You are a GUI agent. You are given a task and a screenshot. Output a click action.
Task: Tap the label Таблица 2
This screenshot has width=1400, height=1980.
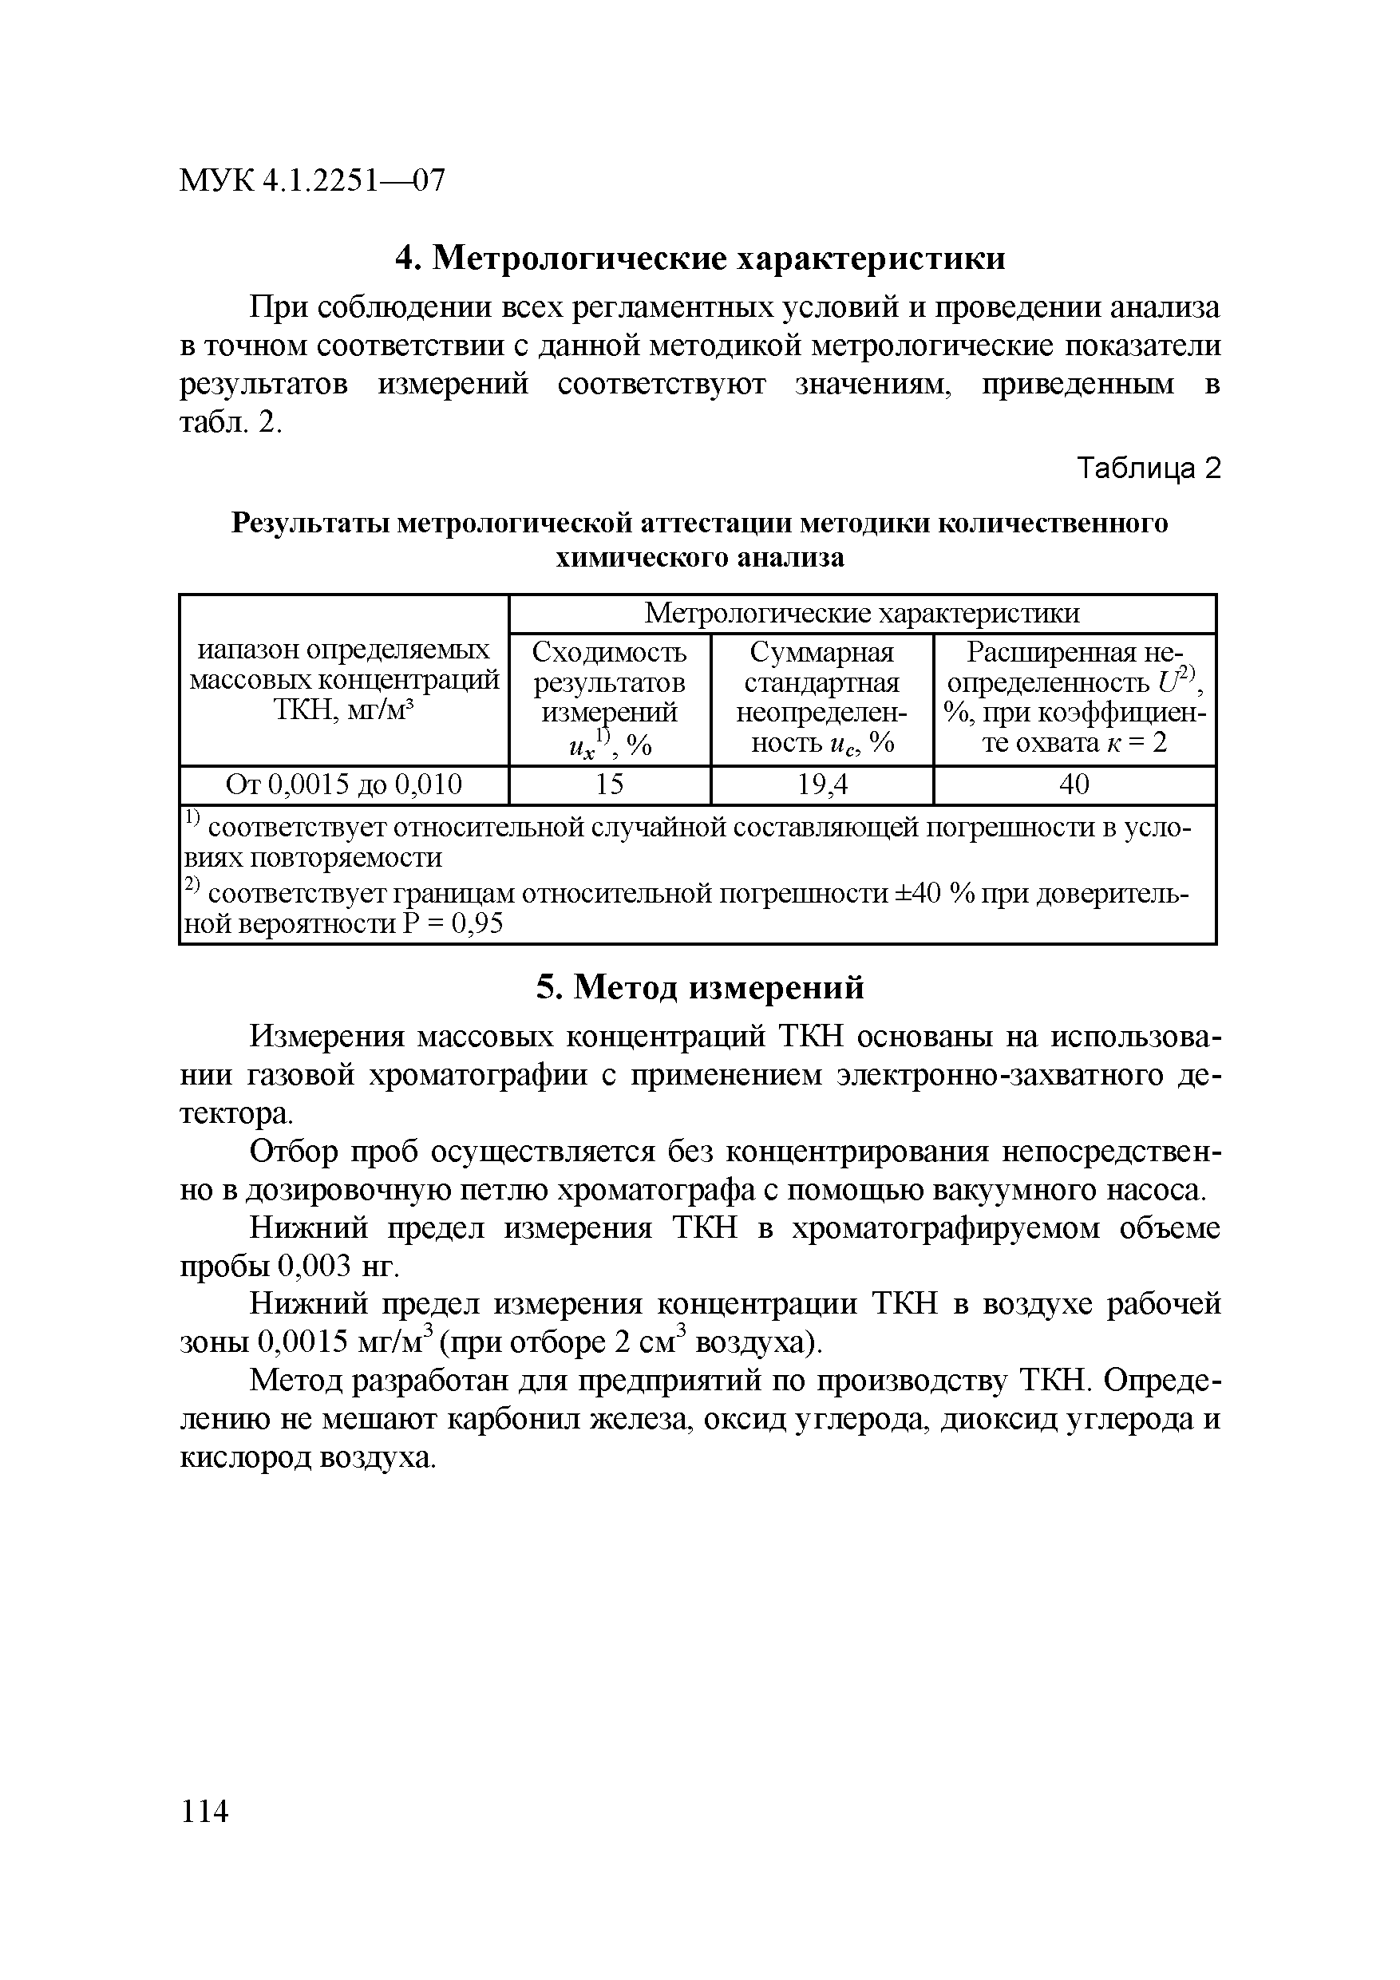click(1149, 468)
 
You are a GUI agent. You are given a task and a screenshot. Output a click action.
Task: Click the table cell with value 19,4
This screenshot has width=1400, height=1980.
click(822, 784)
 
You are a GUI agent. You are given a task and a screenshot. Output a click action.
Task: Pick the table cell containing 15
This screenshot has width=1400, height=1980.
click(609, 784)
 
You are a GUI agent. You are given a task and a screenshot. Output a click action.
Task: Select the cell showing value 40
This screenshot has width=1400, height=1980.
click(1074, 784)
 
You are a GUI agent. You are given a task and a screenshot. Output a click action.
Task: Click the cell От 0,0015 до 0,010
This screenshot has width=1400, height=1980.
click(343, 784)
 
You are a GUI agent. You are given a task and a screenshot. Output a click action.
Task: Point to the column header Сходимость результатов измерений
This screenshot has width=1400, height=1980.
click(609, 698)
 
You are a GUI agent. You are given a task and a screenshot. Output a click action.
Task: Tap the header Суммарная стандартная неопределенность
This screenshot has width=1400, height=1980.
click(822, 698)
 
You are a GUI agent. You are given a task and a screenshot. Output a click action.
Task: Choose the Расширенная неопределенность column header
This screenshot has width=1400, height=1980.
click(1074, 698)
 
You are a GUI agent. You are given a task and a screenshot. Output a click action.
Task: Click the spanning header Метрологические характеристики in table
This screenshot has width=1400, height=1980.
click(862, 613)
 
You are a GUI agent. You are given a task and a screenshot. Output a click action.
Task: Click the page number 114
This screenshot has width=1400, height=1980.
click(204, 1811)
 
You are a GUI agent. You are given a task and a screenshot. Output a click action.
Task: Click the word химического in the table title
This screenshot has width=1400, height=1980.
click(642, 558)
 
